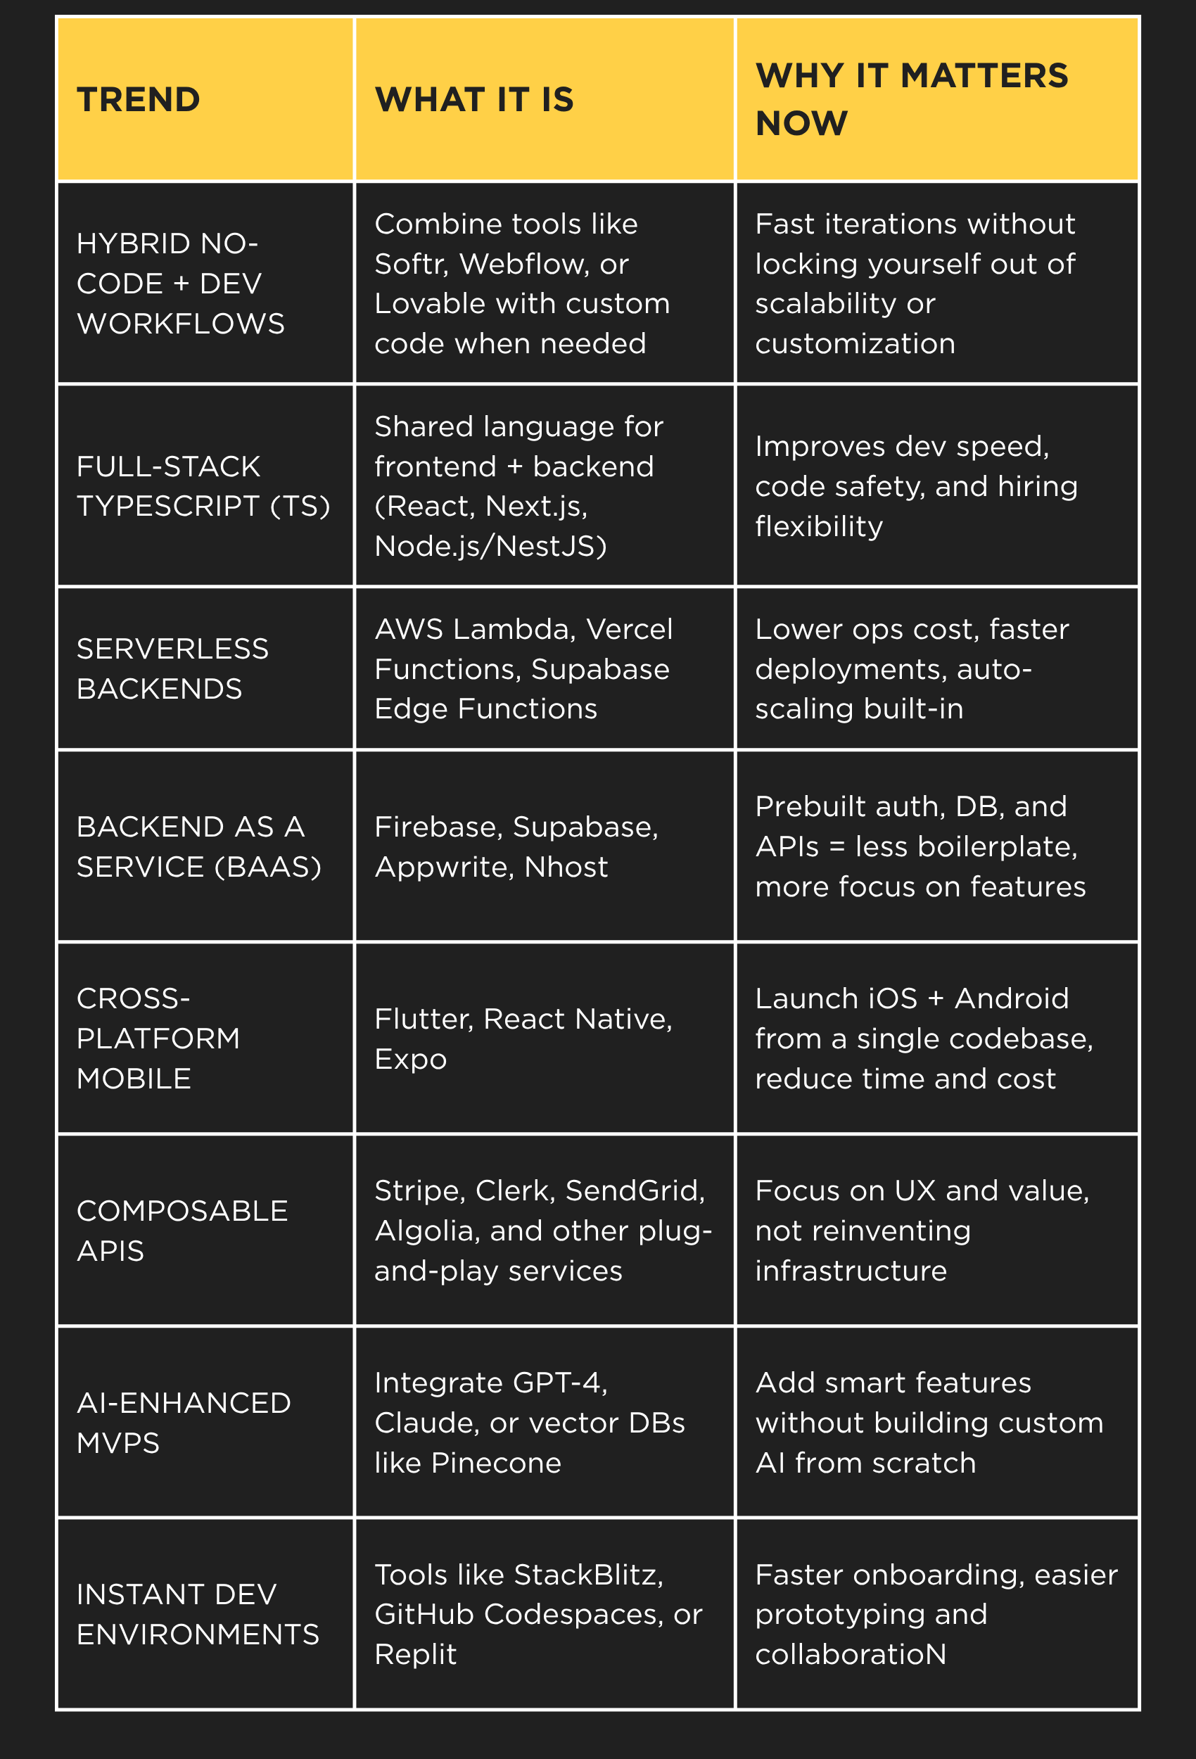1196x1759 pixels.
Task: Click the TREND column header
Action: click(x=139, y=100)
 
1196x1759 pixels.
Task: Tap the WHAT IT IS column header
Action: click(x=474, y=100)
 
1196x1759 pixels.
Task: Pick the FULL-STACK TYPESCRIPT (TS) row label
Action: click(x=203, y=486)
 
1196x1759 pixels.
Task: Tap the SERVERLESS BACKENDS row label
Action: click(x=172, y=668)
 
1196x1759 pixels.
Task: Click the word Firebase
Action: click(x=438, y=827)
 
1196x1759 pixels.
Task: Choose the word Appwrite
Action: click(x=443, y=867)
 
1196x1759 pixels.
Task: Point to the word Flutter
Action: click(x=423, y=1019)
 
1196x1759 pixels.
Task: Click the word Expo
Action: click(x=410, y=1059)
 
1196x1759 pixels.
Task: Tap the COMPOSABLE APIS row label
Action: click(x=182, y=1231)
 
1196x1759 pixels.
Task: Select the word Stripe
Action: click(x=419, y=1190)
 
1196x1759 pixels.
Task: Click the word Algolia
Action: click(x=427, y=1231)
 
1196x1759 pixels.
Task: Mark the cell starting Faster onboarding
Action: click(x=936, y=1615)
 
